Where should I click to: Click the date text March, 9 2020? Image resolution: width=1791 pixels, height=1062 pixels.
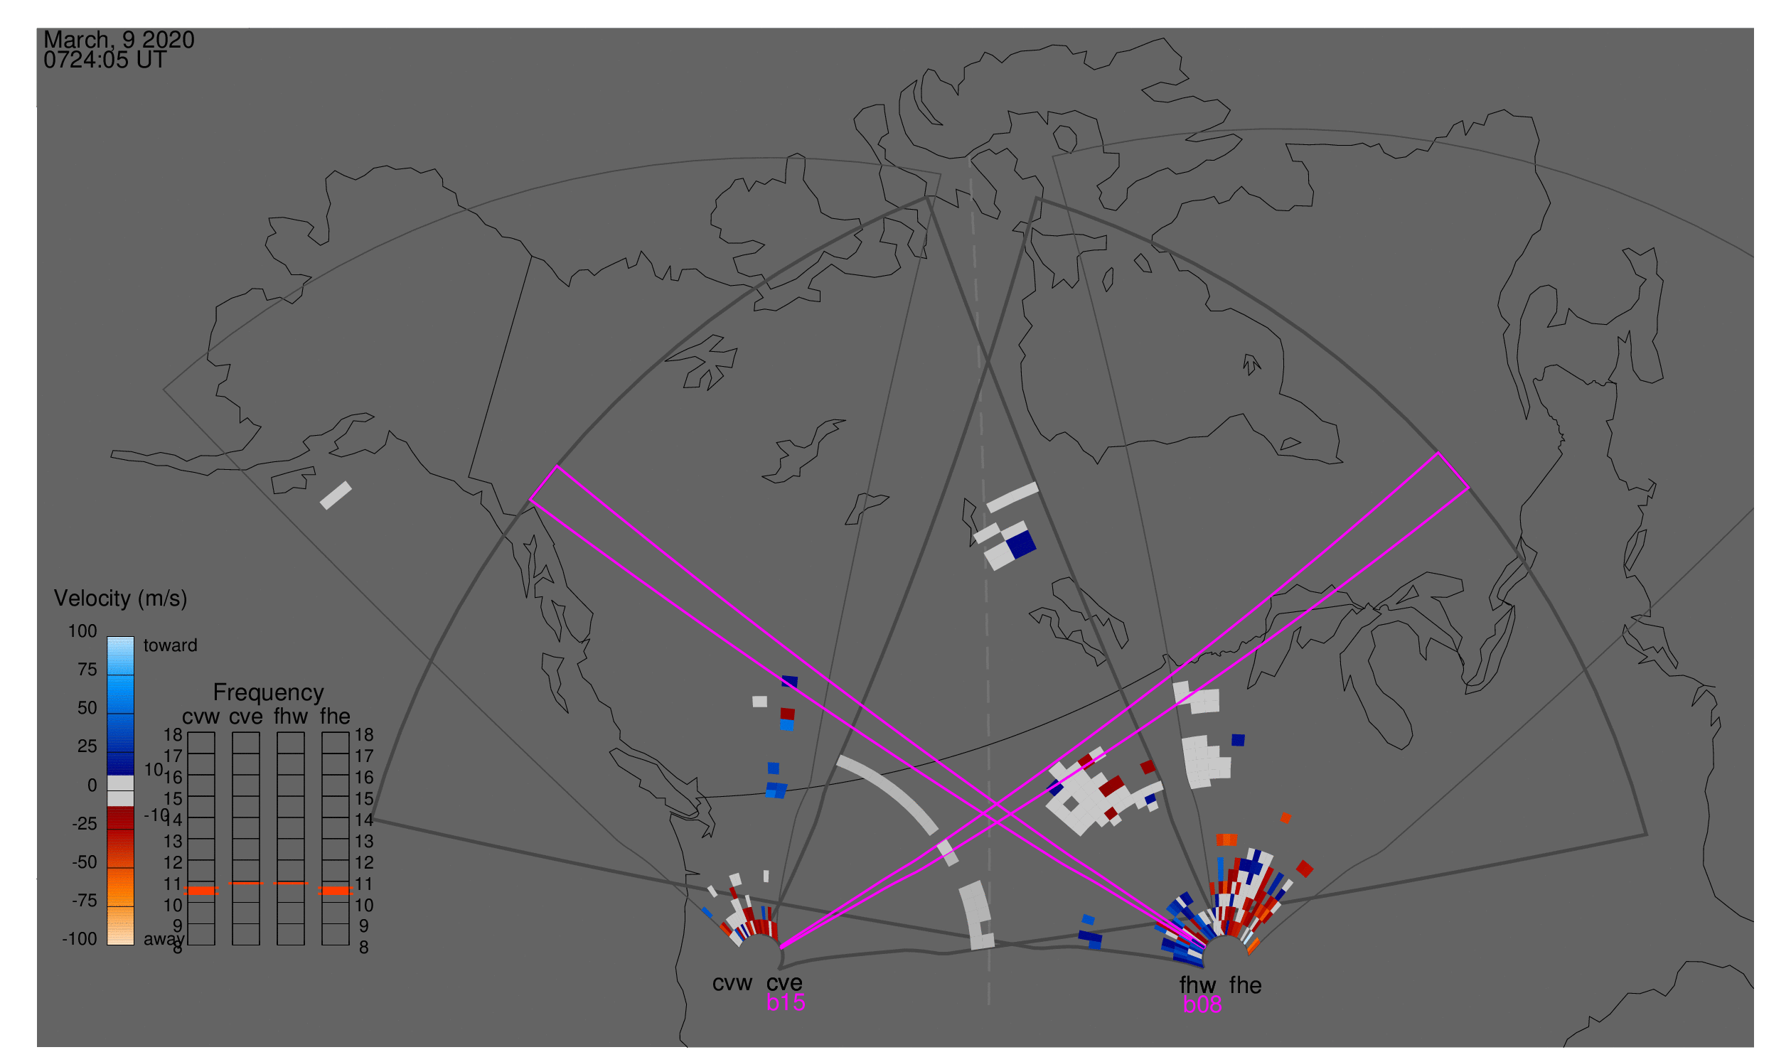119,40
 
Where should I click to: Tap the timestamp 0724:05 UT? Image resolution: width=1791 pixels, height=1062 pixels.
105,60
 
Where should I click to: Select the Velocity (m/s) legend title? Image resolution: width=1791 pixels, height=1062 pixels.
120,599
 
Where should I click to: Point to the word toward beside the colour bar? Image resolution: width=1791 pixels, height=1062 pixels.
170,645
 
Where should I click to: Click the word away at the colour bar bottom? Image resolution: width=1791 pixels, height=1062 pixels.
164,939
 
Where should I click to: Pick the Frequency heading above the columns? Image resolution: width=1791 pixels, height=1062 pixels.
269,692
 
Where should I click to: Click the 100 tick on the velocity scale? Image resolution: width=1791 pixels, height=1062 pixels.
82,631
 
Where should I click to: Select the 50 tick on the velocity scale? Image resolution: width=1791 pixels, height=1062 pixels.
87,708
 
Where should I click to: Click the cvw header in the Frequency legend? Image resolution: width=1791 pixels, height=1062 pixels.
201,717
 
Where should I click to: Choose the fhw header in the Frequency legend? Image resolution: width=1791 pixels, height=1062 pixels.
291,717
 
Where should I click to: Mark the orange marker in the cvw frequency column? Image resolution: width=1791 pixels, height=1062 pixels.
201,890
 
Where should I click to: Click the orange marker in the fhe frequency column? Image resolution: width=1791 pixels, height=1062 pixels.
335,890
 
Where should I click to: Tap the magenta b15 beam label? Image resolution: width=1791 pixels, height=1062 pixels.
785,1002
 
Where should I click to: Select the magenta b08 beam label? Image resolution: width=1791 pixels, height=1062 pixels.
1202,1004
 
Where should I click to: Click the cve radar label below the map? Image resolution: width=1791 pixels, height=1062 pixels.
784,982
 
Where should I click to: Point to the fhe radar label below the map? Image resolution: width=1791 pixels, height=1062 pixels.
1245,985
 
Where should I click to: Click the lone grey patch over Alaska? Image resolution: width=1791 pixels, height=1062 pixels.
336,495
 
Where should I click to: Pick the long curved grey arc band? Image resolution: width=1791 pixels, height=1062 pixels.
887,793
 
